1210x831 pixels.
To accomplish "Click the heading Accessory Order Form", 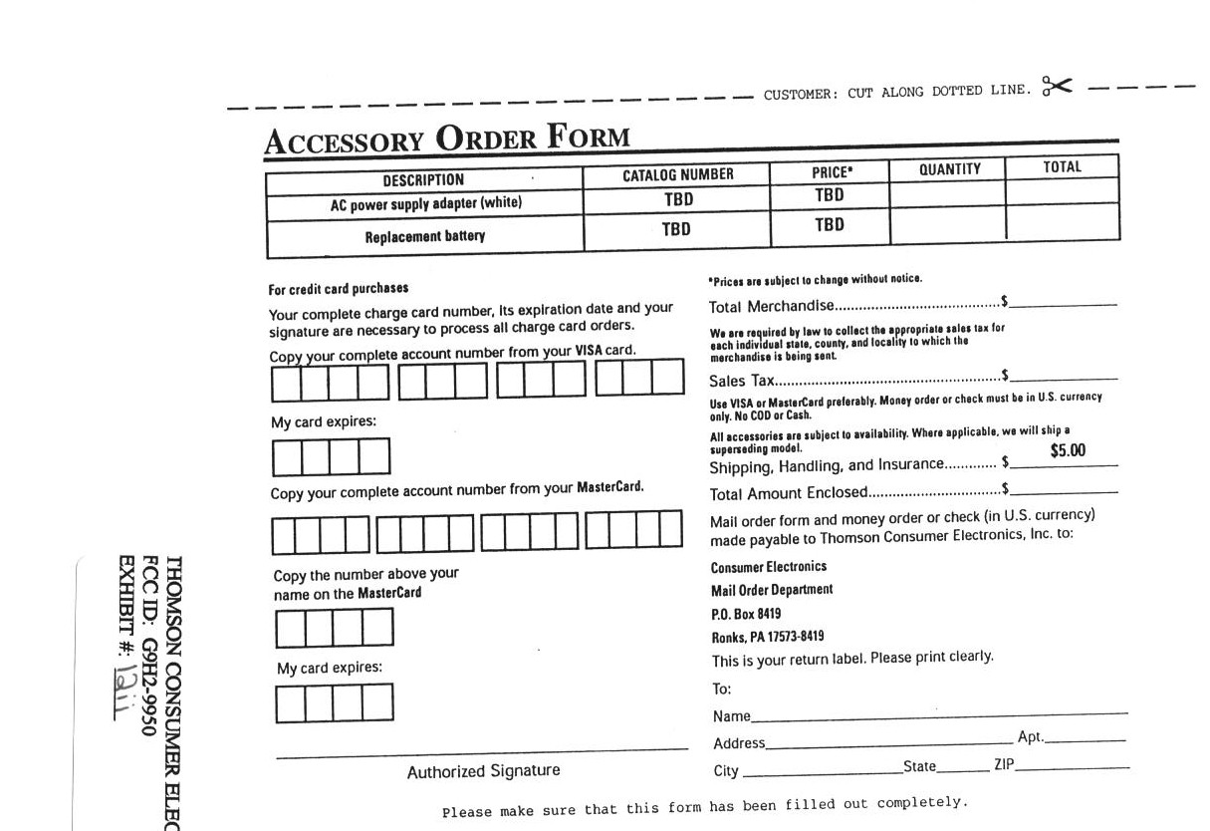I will [447, 138].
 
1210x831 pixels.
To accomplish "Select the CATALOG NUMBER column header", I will [677, 175].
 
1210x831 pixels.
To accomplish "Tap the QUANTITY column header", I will [949, 169].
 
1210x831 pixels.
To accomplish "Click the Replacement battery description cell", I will [425, 237].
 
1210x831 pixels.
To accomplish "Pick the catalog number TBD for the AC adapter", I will [678, 199].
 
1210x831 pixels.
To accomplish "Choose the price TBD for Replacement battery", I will [829, 225].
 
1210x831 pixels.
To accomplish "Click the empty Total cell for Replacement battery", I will [1062, 222].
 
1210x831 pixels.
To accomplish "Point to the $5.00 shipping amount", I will [1068, 450].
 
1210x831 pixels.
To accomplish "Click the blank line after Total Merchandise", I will [1064, 303].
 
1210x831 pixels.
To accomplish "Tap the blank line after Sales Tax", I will [1064, 378].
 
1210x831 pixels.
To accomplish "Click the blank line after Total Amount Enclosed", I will [1064, 491].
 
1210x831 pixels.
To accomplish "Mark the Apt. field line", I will [1085, 740].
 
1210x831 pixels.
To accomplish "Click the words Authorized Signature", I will [483, 771].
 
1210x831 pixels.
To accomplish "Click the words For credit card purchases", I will [339, 289].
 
